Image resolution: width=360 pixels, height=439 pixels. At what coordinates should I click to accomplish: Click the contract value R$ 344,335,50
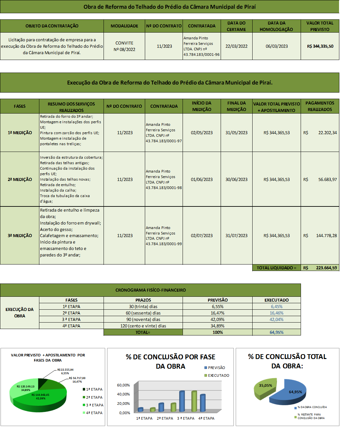pos(320,46)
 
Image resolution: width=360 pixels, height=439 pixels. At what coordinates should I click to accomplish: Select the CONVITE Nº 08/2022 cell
pos(124,46)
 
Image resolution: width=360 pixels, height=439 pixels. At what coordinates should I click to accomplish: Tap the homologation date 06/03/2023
pos(276,46)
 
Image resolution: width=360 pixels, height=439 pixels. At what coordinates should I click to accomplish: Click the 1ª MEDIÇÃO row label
pos(20,133)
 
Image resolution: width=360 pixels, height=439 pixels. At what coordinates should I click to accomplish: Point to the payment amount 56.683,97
pos(327,180)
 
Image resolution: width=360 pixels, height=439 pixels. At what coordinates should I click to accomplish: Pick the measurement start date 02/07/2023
pos(202,236)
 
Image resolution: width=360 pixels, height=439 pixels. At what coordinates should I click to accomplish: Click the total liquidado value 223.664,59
pos(326,268)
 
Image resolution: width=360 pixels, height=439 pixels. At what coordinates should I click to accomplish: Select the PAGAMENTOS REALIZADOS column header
pos(320,106)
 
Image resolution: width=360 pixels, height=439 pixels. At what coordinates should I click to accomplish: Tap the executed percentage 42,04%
pos(276,319)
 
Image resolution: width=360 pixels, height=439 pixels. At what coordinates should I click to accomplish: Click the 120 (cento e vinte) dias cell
pos(143,326)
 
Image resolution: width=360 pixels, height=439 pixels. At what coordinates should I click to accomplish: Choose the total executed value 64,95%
pos(276,332)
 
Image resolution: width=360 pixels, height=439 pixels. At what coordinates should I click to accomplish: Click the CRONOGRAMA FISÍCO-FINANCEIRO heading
pos(150,290)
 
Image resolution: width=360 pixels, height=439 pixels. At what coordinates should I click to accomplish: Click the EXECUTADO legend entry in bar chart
pos(218,375)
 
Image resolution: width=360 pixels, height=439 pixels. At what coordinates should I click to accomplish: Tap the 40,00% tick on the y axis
pos(123,394)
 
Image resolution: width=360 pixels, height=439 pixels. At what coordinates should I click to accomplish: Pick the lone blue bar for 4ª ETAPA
pos(203,403)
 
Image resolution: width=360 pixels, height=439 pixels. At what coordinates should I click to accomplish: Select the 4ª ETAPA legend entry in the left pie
pos(94,413)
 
